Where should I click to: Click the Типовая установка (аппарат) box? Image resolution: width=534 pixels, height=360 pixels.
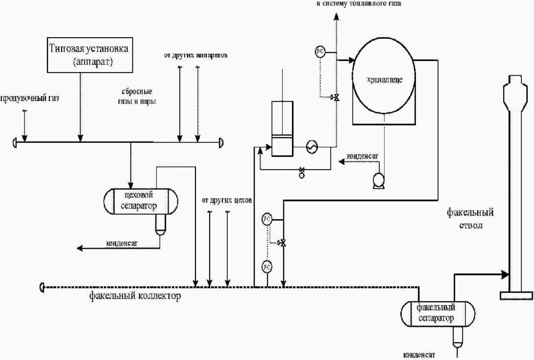pos(90,55)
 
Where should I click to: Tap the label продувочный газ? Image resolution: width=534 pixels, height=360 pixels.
pos(30,98)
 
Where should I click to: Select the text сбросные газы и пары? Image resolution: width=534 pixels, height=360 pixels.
pos(137,96)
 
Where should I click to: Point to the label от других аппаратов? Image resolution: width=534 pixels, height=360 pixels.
pos(196,55)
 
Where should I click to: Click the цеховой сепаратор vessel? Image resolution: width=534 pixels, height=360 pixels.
pos(141,201)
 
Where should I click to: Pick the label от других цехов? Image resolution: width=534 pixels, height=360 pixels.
pos(227,200)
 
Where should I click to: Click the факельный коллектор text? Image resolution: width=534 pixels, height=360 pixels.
pos(135,296)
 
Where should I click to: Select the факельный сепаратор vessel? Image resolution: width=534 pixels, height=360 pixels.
pos(437,313)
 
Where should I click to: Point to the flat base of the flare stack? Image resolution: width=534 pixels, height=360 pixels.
pos(517,295)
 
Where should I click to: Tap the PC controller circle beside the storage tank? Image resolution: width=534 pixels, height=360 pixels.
pos(320,52)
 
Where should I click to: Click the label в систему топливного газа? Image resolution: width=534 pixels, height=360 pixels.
pos(359,4)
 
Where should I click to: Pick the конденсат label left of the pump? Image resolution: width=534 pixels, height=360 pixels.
pos(362,156)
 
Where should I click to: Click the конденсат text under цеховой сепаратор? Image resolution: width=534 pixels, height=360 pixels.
pos(122,243)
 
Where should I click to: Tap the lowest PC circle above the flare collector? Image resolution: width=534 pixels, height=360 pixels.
pos(267,267)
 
